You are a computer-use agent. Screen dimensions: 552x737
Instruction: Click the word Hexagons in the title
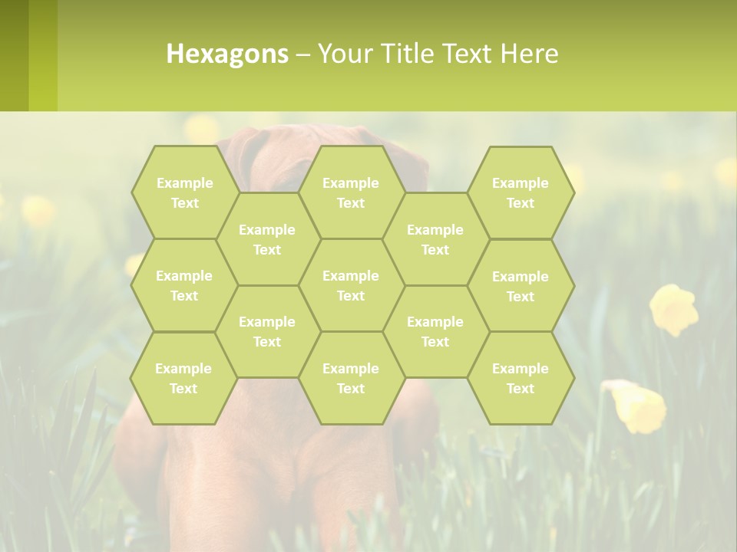pyautogui.click(x=227, y=54)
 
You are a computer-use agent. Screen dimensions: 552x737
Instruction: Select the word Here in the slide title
pyautogui.click(x=529, y=54)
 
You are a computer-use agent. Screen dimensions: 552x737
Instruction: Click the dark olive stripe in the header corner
pyautogui.click(x=14, y=55)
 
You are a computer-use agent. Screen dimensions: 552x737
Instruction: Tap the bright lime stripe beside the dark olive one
pyautogui.click(x=43, y=55)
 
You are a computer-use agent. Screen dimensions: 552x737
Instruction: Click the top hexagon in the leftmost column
pyautogui.click(x=184, y=192)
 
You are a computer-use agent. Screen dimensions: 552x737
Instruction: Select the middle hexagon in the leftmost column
pyautogui.click(x=184, y=285)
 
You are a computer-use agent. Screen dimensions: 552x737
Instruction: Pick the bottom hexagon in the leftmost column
pyautogui.click(x=183, y=378)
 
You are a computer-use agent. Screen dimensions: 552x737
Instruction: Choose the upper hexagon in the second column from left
pyautogui.click(x=267, y=239)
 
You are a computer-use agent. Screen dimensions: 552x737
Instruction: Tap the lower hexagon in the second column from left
pyautogui.click(x=267, y=331)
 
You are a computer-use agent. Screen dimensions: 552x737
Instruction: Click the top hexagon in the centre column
pyautogui.click(x=351, y=192)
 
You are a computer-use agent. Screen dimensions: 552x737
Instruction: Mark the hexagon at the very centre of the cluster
pyautogui.click(x=351, y=285)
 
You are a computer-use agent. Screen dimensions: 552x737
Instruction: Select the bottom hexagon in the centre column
pyautogui.click(x=351, y=378)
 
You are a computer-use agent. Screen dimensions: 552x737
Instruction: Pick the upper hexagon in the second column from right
pyautogui.click(x=435, y=239)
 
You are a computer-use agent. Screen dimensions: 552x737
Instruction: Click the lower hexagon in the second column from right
pyautogui.click(x=435, y=331)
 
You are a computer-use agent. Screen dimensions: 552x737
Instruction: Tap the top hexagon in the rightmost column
pyautogui.click(x=521, y=192)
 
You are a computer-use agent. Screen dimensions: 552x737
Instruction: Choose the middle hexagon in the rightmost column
pyautogui.click(x=521, y=286)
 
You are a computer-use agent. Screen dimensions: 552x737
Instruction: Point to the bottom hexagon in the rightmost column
pyautogui.click(x=521, y=378)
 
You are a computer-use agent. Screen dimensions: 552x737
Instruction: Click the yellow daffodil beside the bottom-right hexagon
pyautogui.click(x=639, y=406)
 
